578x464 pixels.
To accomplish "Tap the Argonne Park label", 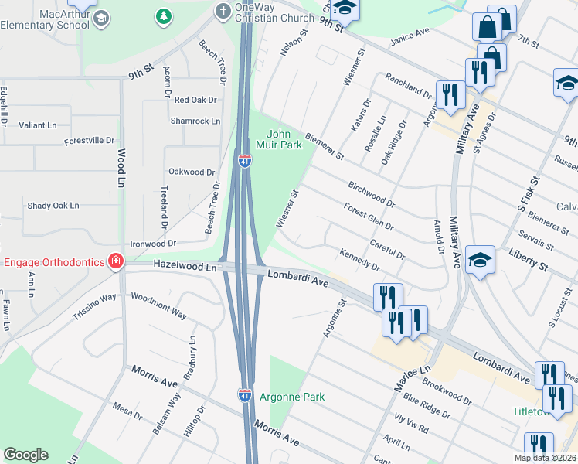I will coord(292,397).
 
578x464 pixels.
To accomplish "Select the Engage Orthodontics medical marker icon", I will coord(116,261).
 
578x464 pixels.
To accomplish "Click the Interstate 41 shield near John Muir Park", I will coord(243,162).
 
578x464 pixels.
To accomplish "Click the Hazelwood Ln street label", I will coord(185,265).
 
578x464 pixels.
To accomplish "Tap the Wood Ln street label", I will coord(121,164).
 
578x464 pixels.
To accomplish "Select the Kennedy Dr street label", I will coord(359,260).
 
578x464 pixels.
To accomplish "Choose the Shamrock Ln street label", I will coord(195,121).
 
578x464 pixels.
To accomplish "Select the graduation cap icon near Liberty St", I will coord(479,259).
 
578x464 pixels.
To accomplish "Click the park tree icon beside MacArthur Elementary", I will coord(163,16).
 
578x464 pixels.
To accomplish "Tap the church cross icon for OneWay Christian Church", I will coord(222,11).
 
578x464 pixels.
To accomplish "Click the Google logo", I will coord(25,455).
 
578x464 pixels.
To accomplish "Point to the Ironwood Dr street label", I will coord(153,243).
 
